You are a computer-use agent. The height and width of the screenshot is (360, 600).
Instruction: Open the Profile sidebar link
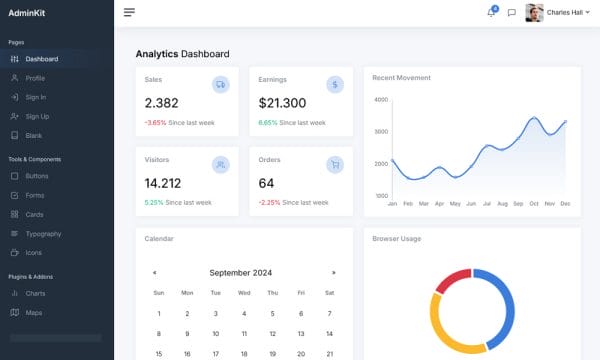coord(35,78)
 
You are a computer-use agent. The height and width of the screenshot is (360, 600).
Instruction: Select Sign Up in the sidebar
coord(37,116)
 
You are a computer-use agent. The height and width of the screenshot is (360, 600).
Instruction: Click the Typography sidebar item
coord(43,233)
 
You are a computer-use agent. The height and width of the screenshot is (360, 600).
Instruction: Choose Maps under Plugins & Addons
coord(34,312)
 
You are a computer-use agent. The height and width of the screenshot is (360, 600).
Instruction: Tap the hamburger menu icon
coord(129,13)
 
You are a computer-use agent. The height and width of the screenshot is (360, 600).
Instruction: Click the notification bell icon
coord(491,13)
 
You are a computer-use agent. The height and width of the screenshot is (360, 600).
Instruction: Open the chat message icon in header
coord(511,13)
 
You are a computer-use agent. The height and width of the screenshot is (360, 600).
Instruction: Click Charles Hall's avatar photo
coord(535,13)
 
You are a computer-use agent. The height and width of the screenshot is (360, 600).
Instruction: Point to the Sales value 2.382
coord(162,103)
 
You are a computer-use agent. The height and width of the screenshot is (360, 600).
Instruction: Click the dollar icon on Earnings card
coord(335,85)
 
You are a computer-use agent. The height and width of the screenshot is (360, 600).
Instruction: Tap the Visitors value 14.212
coord(163,183)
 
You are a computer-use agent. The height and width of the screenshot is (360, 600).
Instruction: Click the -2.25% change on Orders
coord(269,202)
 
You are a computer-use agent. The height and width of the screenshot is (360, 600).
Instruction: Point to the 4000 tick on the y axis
coord(380,100)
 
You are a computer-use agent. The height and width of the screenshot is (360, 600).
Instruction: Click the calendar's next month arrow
coord(333,272)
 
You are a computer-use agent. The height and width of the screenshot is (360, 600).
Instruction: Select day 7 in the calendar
coord(329,313)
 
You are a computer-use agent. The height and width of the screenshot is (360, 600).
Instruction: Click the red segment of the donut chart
coord(451,281)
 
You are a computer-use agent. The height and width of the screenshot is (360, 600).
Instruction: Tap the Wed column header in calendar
coord(244,293)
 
